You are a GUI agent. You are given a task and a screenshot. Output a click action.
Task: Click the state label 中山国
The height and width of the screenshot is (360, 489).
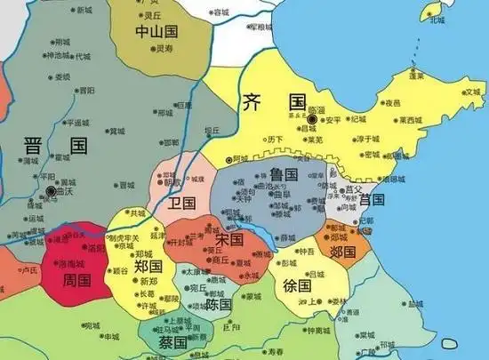[158, 32]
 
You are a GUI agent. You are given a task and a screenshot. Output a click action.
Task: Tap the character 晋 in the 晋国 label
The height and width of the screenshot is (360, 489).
[36, 146]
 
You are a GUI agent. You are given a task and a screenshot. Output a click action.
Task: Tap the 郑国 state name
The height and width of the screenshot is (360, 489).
[148, 266]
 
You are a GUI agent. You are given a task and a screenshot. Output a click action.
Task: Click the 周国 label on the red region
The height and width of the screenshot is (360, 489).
[77, 280]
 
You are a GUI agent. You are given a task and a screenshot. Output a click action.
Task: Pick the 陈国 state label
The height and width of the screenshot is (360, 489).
[218, 303]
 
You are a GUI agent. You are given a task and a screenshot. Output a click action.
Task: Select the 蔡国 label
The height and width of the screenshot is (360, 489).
[172, 341]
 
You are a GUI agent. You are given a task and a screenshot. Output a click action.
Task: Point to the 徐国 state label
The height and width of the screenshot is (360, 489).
[298, 285]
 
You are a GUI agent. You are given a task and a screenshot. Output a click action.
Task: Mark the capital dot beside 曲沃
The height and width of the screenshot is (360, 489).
[51, 191]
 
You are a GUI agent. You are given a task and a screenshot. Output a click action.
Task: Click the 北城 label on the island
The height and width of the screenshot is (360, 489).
[437, 20]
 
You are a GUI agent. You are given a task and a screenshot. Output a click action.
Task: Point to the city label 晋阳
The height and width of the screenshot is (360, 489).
[86, 90]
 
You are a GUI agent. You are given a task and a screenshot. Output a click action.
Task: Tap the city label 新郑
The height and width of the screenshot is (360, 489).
[148, 282]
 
